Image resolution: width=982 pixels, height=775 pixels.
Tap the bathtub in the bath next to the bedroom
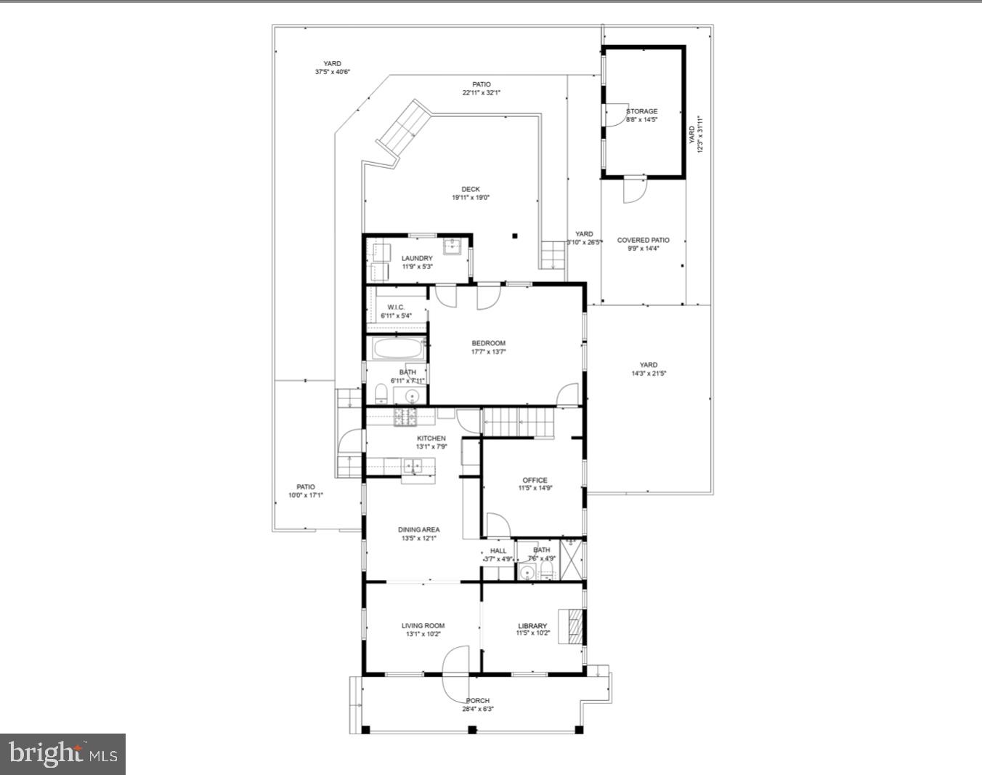pyautogui.click(x=397, y=349)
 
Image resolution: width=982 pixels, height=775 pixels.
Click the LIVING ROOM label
pyautogui.click(x=423, y=625)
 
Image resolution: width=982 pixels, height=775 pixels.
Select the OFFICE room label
pyautogui.click(x=535, y=480)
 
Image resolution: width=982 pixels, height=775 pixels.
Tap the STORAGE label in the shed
pyautogui.click(x=642, y=111)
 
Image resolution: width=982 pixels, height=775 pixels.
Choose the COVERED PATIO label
pyautogui.click(x=643, y=240)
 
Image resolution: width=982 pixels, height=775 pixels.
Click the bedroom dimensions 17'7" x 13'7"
pyautogui.click(x=488, y=352)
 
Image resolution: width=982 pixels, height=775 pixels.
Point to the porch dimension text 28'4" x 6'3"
pyautogui.click(x=478, y=710)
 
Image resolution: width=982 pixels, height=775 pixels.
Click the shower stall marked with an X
pyautogui.click(x=572, y=558)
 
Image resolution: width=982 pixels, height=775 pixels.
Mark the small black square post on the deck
pyautogui.click(x=514, y=235)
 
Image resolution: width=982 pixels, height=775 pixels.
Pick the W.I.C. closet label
pyautogui.click(x=396, y=307)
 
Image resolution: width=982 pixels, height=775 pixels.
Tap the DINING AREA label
pyautogui.click(x=418, y=530)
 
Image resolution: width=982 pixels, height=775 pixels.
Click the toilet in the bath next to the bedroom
pyautogui.click(x=381, y=394)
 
